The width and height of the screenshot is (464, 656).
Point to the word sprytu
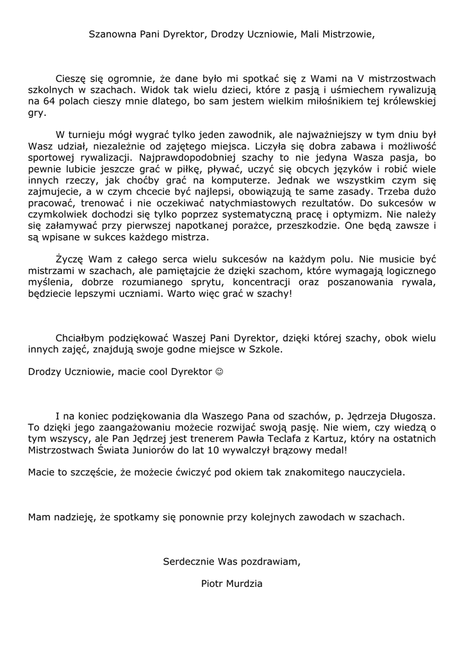coord(198,283)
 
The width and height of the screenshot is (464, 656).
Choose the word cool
coord(159,372)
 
